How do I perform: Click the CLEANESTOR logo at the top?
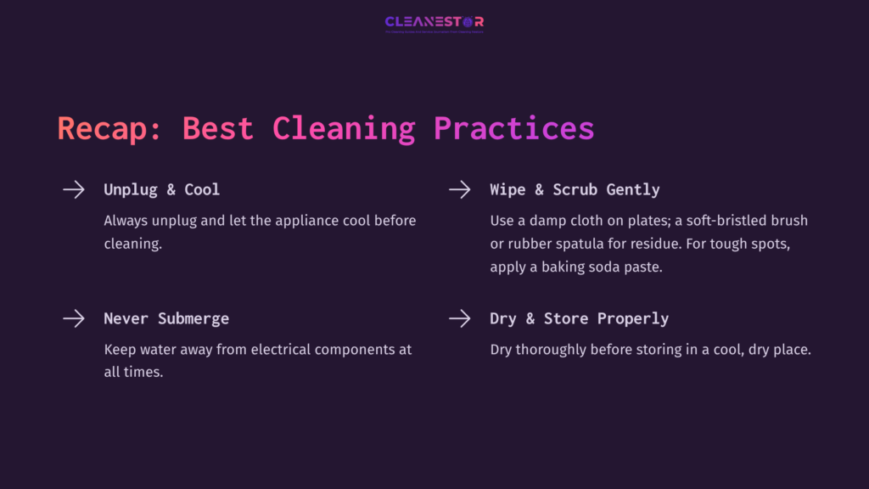click(434, 23)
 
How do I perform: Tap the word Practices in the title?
click(513, 129)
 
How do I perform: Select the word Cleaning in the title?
click(344, 129)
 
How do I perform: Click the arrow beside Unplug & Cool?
click(74, 189)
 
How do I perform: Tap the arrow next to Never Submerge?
click(74, 318)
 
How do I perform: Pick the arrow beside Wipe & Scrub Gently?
click(459, 189)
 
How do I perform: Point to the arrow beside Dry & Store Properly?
click(459, 318)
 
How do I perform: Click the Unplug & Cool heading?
click(161, 189)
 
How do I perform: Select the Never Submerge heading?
click(166, 318)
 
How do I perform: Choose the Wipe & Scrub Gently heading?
click(575, 189)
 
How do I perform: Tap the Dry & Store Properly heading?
click(579, 318)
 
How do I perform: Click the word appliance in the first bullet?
click(302, 221)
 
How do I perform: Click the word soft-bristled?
click(711, 221)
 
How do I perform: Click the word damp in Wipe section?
click(551, 221)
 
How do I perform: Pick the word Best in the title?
click(218, 129)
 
